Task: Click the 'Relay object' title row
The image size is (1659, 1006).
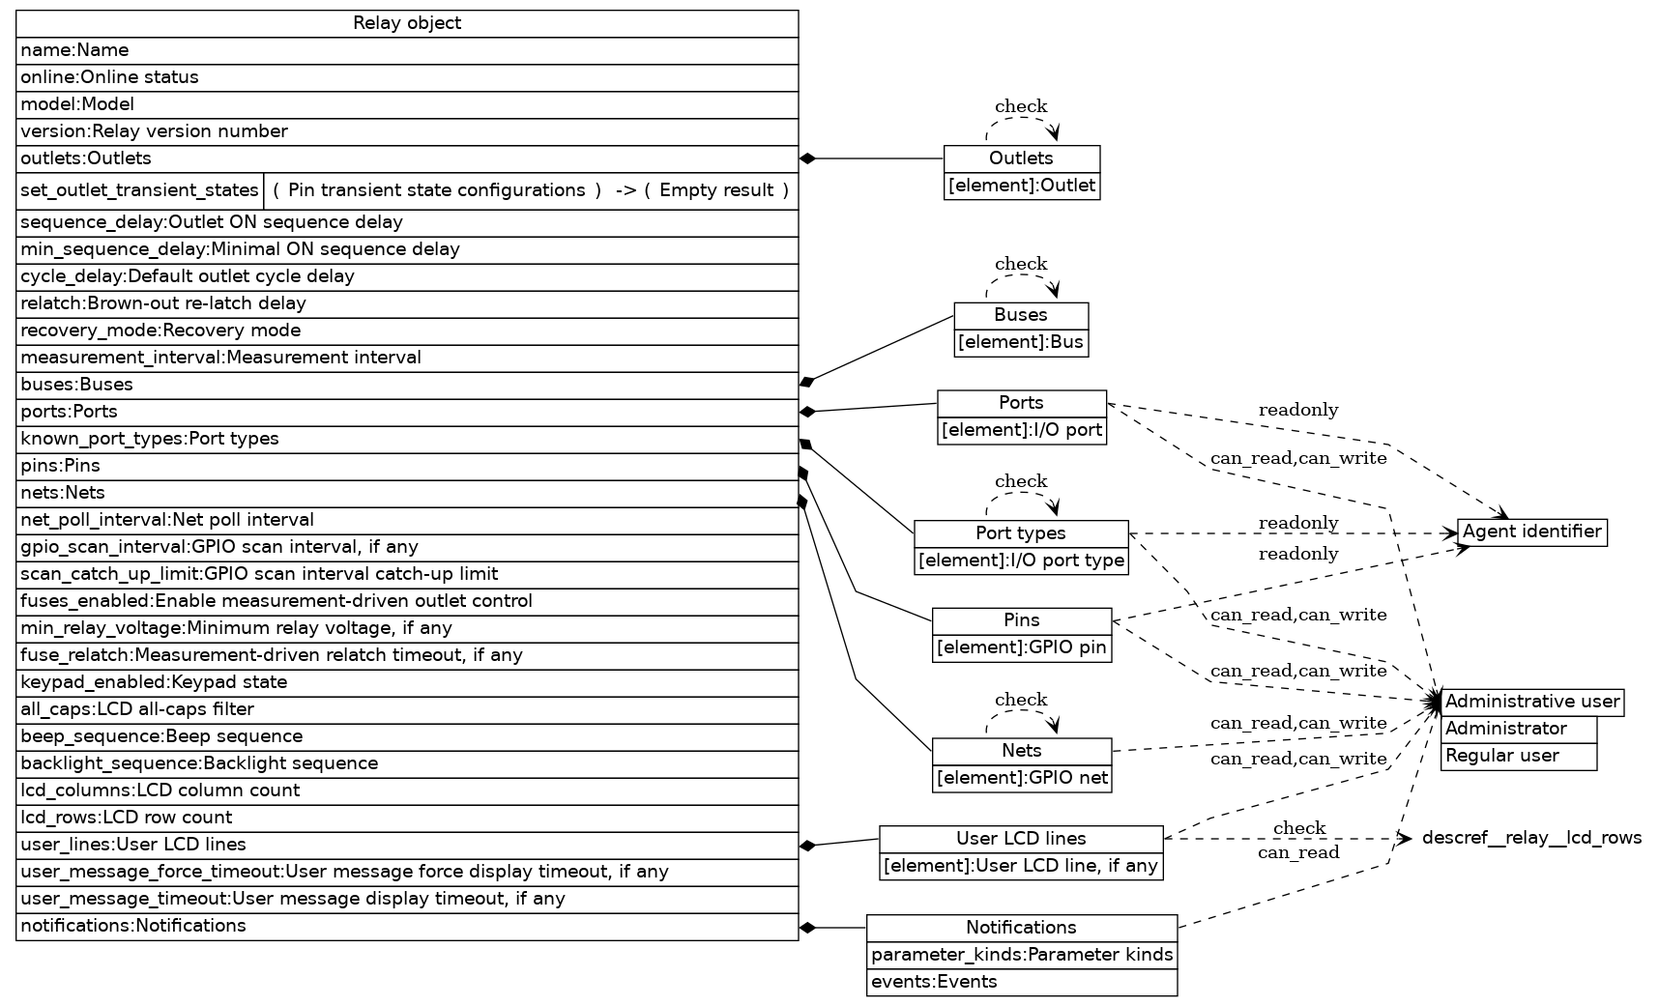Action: pyautogui.click(x=407, y=23)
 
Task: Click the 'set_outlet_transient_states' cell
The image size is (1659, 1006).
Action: pyautogui.click(x=140, y=190)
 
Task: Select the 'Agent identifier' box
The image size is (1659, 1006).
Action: pyautogui.click(x=1531, y=532)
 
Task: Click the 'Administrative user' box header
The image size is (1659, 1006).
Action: pyautogui.click(x=1531, y=702)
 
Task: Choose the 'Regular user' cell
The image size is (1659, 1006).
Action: pyautogui.click(x=1518, y=756)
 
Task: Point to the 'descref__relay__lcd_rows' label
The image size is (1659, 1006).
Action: pyautogui.click(x=1531, y=838)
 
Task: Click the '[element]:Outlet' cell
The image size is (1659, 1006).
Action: pyautogui.click(x=1022, y=186)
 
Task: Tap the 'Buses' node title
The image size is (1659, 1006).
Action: pyautogui.click(x=1021, y=315)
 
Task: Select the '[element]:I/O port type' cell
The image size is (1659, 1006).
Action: pyautogui.click(x=1021, y=560)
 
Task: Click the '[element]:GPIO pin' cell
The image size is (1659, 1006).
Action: pyautogui.click(x=1022, y=647)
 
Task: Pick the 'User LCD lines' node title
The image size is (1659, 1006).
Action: pyautogui.click(x=1021, y=839)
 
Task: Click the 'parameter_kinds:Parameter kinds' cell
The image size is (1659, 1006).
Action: pyautogui.click(x=1022, y=955)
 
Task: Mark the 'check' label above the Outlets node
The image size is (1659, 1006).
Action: pyautogui.click(x=1021, y=106)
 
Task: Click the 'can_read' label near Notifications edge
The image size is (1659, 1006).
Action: pyautogui.click(x=1297, y=852)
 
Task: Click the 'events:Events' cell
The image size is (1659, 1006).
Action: pyautogui.click(x=1022, y=982)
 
